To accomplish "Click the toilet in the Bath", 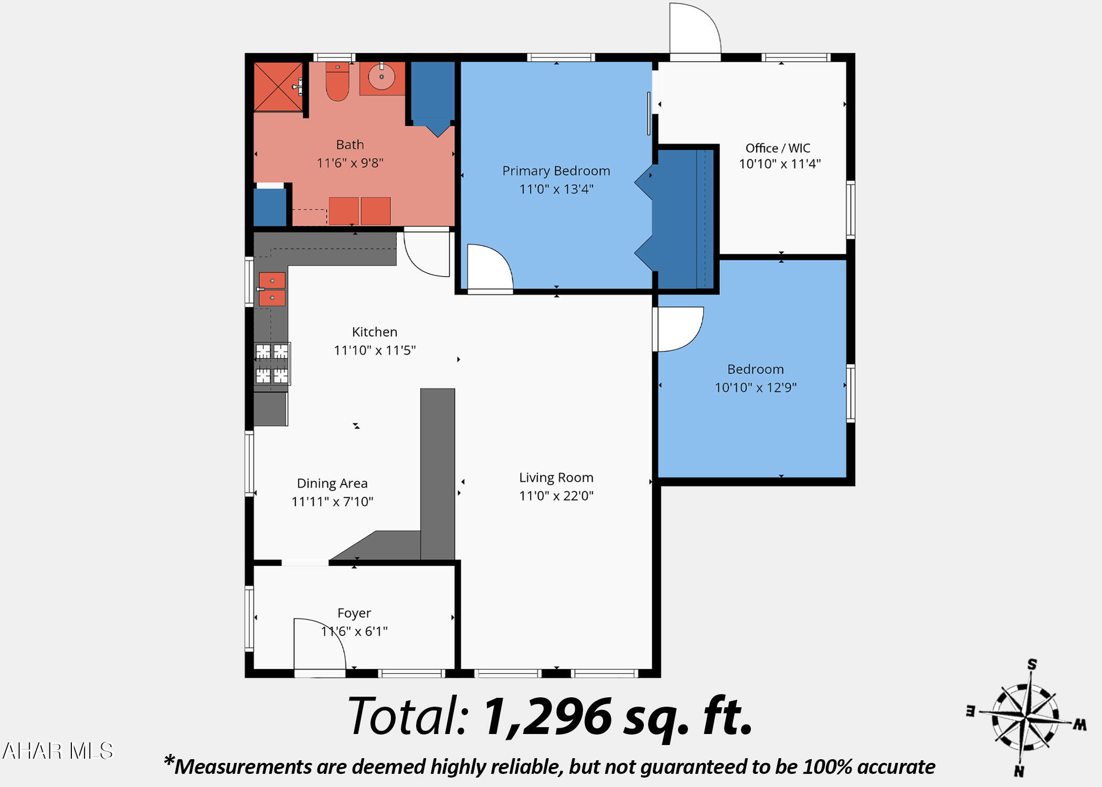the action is [x=337, y=81].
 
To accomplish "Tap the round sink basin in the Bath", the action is [x=382, y=78].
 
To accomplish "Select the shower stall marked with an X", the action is [x=278, y=87].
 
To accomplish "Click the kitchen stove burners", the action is [x=272, y=364].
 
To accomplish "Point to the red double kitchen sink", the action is [x=272, y=289].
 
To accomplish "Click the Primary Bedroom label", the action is [x=556, y=171].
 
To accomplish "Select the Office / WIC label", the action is [x=778, y=148].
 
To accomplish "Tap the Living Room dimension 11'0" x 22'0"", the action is [x=556, y=496].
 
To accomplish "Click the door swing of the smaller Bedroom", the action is [x=680, y=329].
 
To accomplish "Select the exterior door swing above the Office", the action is [x=695, y=28].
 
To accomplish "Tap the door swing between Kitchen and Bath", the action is [x=427, y=254].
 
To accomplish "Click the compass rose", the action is [x=1025, y=717].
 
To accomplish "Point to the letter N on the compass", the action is [x=1019, y=771].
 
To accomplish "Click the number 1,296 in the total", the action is [x=547, y=717].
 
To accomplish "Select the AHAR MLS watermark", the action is [x=58, y=751].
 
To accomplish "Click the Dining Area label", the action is [x=332, y=483].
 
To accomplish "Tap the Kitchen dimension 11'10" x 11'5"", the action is [x=375, y=350].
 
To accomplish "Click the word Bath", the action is [x=350, y=145].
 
